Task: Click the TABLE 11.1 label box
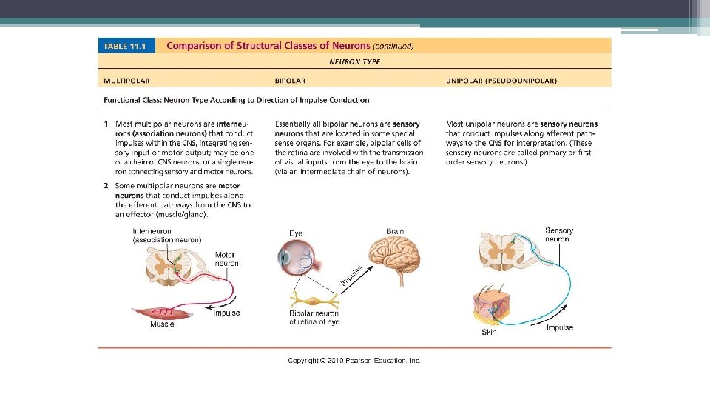(x=124, y=46)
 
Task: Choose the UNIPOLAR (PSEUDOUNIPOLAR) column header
(x=501, y=80)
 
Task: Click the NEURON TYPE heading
(x=355, y=62)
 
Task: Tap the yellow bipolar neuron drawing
(x=314, y=302)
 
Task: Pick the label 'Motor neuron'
(x=226, y=259)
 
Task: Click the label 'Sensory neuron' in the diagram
(x=558, y=235)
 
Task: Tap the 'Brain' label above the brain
(x=395, y=232)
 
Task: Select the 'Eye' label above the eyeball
(x=296, y=233)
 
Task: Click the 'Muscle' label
(x=162, y=324)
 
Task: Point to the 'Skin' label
(x=489, y=333)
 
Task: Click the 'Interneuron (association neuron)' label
(x=166, y=236)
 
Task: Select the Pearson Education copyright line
(x=354, y=361)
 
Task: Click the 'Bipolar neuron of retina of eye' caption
(x=314, y=318)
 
